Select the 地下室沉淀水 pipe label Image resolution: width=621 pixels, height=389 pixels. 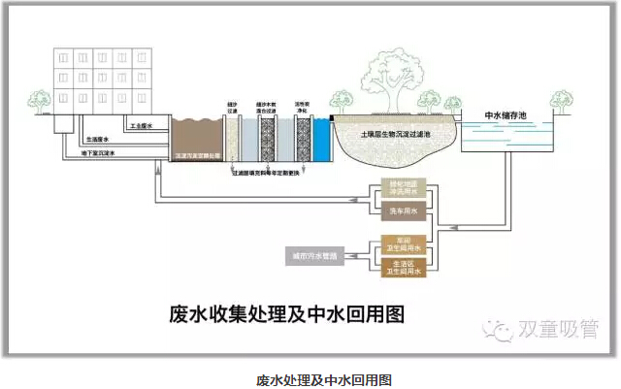pyautogui.click(x=96, y=152)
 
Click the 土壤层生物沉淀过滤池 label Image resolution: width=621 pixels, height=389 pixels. pyautogui.click(x=397, y=134)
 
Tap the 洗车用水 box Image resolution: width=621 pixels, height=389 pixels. pyautogui.click(x=402, y=211)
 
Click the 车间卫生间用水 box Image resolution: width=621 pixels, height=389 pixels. pyautogui.click(x=402, y=244)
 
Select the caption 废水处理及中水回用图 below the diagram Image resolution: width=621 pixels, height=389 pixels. pyautogui.click(x=310, y=379)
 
